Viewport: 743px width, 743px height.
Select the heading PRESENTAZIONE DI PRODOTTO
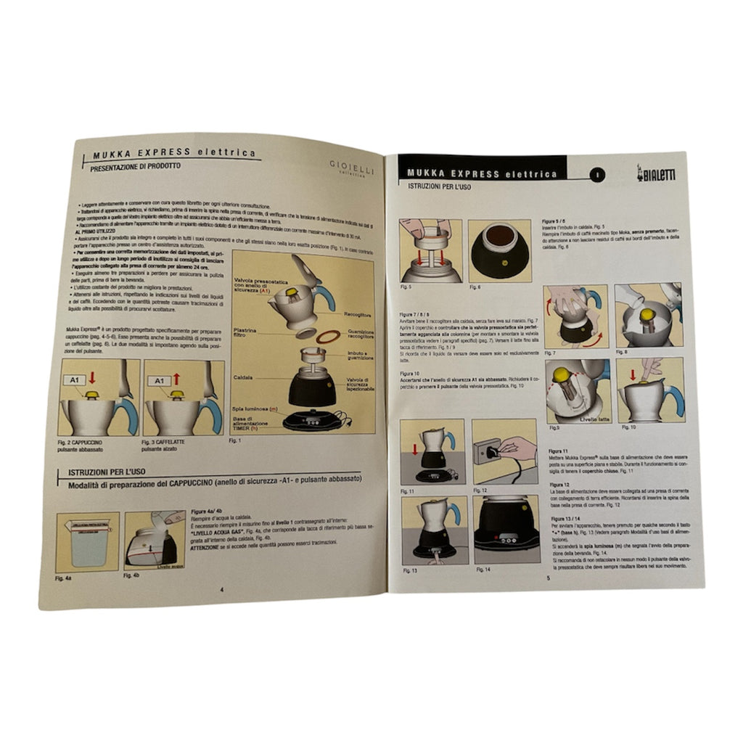coord(136,166)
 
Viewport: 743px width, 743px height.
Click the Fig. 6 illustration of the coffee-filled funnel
coord(499,251)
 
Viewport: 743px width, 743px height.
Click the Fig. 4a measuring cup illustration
coord(88,542)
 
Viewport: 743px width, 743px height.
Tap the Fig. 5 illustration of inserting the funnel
coord(430,251)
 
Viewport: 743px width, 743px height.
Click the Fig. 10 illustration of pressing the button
coord(649,390)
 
